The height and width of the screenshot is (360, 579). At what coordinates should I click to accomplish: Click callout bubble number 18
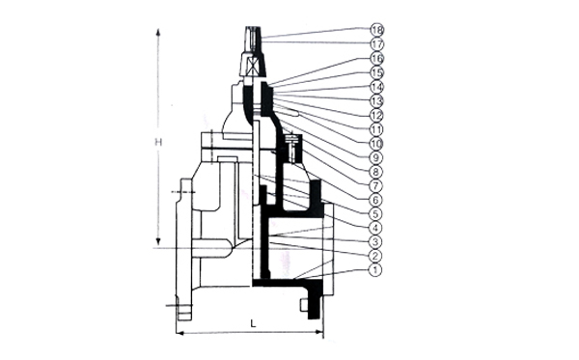(x=377, y=30)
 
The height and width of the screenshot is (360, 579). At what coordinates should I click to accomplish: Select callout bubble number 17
(x=377, y=44)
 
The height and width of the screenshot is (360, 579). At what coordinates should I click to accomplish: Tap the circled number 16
(x=377, y=58)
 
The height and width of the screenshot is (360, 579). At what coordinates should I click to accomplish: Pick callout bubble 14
(x=377, y=87)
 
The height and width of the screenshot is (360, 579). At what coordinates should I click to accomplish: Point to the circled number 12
(x=376, y=115)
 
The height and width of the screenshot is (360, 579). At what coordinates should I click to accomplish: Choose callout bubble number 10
(x=376, y=143)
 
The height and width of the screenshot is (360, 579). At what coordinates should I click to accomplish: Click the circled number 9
(x=375, y=157)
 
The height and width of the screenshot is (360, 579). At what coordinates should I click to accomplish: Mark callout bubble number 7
(x=375, y=185)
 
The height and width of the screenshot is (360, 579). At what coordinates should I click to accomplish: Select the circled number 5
(x=375, y=214)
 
